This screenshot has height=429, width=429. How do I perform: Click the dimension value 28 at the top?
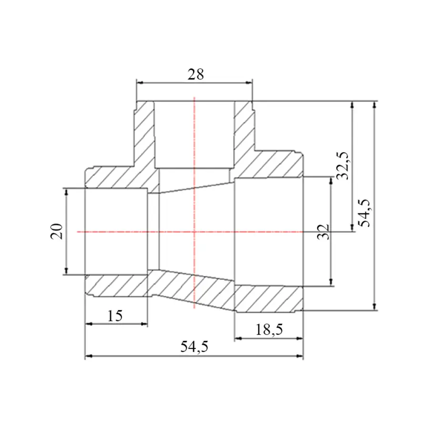point(195,74)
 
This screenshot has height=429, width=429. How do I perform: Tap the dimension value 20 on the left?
point(57,232)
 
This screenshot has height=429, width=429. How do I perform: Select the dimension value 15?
point(115,316)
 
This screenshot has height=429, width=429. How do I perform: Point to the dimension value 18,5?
point(269,330)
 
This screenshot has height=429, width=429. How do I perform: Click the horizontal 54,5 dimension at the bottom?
point(194,347)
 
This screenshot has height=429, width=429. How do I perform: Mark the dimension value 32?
point(323,232)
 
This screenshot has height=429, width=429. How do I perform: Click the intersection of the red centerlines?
point(194,232)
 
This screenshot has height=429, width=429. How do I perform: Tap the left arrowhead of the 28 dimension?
point(140,82)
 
